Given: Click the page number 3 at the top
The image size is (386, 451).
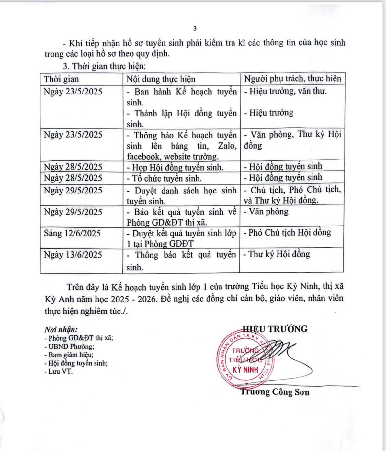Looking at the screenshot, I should [195, 28].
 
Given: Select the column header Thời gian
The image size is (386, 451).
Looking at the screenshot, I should [61, 79].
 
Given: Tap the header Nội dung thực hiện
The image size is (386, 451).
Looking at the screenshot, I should [161, 79].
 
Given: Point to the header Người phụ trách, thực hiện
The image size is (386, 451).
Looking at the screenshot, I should [292, 79].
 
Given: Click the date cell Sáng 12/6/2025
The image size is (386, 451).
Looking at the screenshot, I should [73, 233].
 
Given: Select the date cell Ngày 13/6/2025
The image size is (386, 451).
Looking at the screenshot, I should [73, 255].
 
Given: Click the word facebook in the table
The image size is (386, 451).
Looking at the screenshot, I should [143, 157].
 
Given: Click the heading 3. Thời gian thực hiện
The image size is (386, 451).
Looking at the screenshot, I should [105, 67].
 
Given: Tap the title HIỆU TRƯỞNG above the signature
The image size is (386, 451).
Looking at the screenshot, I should [275, 329].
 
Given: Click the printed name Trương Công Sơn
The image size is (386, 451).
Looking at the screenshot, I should [275, 392].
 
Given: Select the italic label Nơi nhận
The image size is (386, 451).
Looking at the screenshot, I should [61, 330].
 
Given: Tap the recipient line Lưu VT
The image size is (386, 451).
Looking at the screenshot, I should [59, 371].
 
